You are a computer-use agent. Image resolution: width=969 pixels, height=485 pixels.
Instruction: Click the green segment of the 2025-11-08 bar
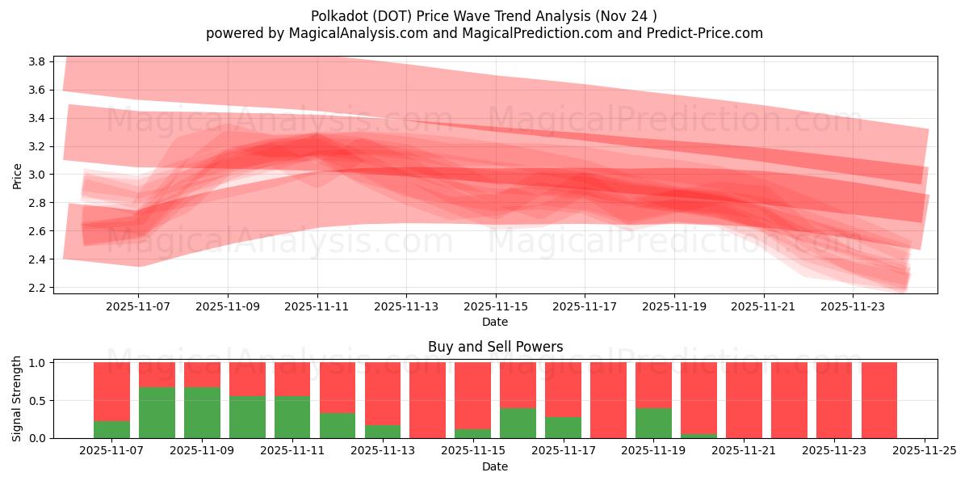(x=157, y=412)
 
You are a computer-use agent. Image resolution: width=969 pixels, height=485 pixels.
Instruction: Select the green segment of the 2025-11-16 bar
(x=518, y=423)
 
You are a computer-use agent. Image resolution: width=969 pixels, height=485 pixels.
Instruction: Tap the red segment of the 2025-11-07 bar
(x=111, y=391)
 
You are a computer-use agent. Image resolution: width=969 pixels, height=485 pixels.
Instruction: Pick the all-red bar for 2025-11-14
(x=427, y=400)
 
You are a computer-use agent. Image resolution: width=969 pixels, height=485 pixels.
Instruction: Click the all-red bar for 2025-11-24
(x=879, y=400)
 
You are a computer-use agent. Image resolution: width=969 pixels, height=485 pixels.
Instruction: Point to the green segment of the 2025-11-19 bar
(x=653, y=423)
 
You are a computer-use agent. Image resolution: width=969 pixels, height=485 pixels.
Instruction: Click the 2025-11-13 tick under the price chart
(x=406, y=307)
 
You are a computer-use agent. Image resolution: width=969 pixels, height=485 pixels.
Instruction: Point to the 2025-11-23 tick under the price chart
(x=853, y=307)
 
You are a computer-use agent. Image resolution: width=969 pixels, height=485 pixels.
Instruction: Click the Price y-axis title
(x=18, y=175)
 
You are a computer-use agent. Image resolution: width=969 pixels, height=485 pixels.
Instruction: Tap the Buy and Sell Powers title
(x=495, y=347)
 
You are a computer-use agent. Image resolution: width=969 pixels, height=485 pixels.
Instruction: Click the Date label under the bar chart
(x=495, y=466)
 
